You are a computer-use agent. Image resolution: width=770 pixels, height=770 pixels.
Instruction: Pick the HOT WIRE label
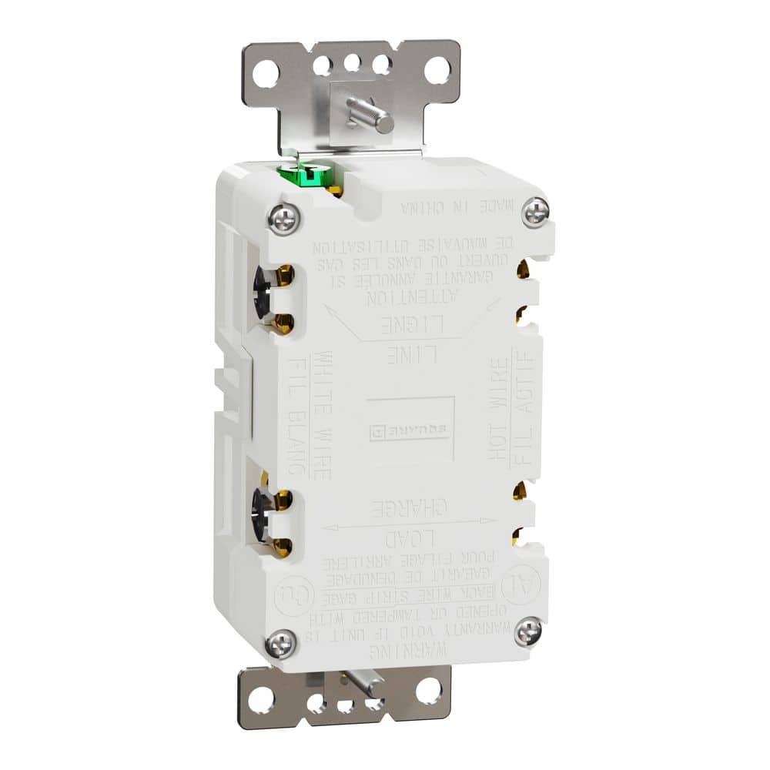pos(498,408)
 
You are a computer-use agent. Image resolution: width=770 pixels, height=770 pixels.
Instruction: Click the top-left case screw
pos(283,217)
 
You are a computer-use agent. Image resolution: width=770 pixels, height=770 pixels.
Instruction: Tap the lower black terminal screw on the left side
pos(262,512)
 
